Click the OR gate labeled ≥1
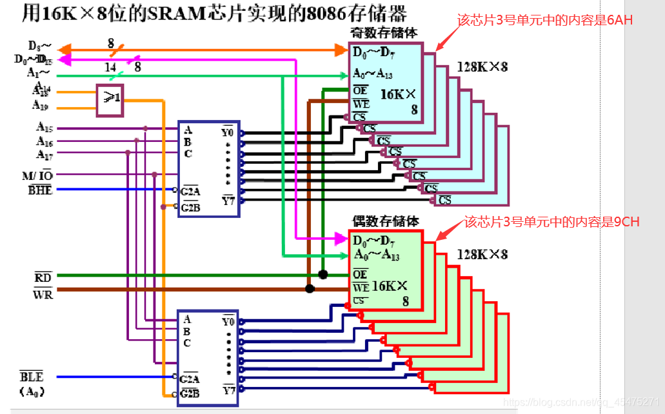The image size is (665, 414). click(111, 99)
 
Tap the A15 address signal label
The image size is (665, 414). click(45, 128)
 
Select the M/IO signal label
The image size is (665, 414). click(37, 175)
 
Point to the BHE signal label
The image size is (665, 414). click(40, 190)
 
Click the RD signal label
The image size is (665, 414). click(43, 277)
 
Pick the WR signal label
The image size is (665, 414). click(43, 294)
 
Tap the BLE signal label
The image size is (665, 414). click(32, 377)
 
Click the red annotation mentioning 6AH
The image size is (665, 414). click(545, 21)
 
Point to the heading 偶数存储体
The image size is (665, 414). click(376, 221)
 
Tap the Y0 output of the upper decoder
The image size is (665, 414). click(227, 132)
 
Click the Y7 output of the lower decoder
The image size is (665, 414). click(228, 389)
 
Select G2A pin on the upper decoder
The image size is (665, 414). click(190, 191)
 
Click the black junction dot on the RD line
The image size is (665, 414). click(323, 275)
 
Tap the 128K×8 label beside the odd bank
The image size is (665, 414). click(482, 67)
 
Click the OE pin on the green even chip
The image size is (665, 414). click(360, 275)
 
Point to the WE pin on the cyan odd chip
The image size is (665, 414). click(361, 103)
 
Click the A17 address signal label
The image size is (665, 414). click(45, 155)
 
